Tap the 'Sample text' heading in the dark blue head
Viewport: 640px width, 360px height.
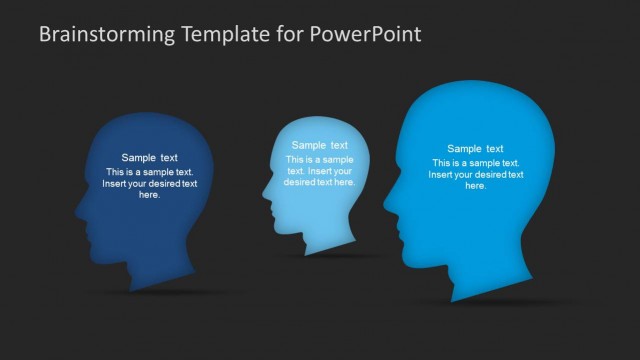click(x=150, y=157)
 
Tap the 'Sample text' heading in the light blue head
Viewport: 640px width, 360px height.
click(x=319, y=145)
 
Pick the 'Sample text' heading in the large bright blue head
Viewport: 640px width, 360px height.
click(x=475, y=149)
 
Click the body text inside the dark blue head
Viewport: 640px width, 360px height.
click(x=150, y=183)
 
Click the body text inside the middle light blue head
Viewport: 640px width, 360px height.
click(x=319, y=171)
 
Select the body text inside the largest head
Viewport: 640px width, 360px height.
click(x=475, y=175)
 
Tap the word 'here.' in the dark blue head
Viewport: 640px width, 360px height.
click(x=150, y=195)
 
